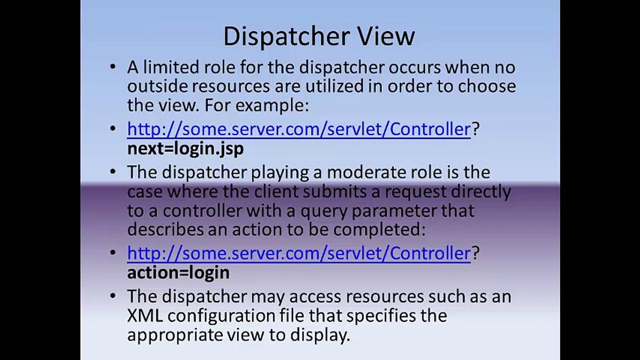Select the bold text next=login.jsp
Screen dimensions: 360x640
pos(185,149)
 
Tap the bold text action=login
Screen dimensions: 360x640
pos(178,272)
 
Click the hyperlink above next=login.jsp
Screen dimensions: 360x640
pos(299,129)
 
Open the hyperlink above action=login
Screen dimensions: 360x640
pos(299,253)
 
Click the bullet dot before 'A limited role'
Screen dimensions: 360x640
pos(113,67)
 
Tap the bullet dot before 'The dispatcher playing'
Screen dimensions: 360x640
pos(113,172)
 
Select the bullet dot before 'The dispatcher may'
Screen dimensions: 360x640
pos(113,296)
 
